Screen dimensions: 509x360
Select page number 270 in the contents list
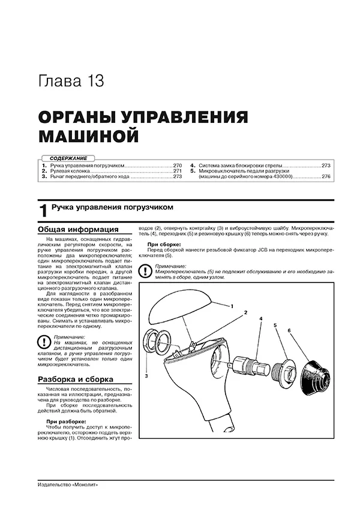click(x=177, y=164)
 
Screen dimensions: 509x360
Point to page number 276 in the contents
click(x=326, y=177)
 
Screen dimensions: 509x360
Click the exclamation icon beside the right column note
click(x=145, y=271)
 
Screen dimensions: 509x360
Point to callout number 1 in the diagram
click(x=231, y=306)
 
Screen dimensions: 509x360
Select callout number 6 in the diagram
click(x=289, y=330)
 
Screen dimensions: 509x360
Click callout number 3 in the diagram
click(x=146, y=375)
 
